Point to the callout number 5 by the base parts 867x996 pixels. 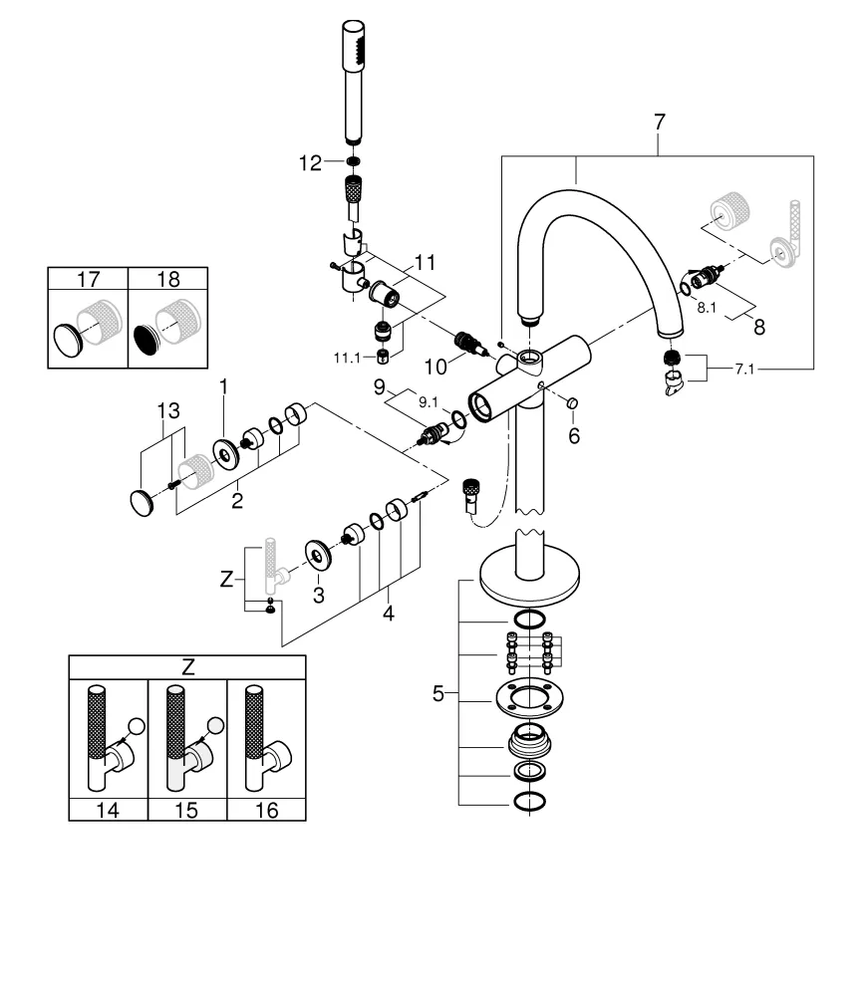click(x=439, y=694)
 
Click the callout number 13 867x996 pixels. click(x=168, y=410)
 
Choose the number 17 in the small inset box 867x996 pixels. click(x=88, y=280)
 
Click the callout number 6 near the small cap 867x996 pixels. click(x=574, y=435)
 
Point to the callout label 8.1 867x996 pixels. click(x=707, y=308)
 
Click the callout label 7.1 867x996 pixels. click(x=746, y=371)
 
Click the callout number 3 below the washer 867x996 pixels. click(x=319, y=595)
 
